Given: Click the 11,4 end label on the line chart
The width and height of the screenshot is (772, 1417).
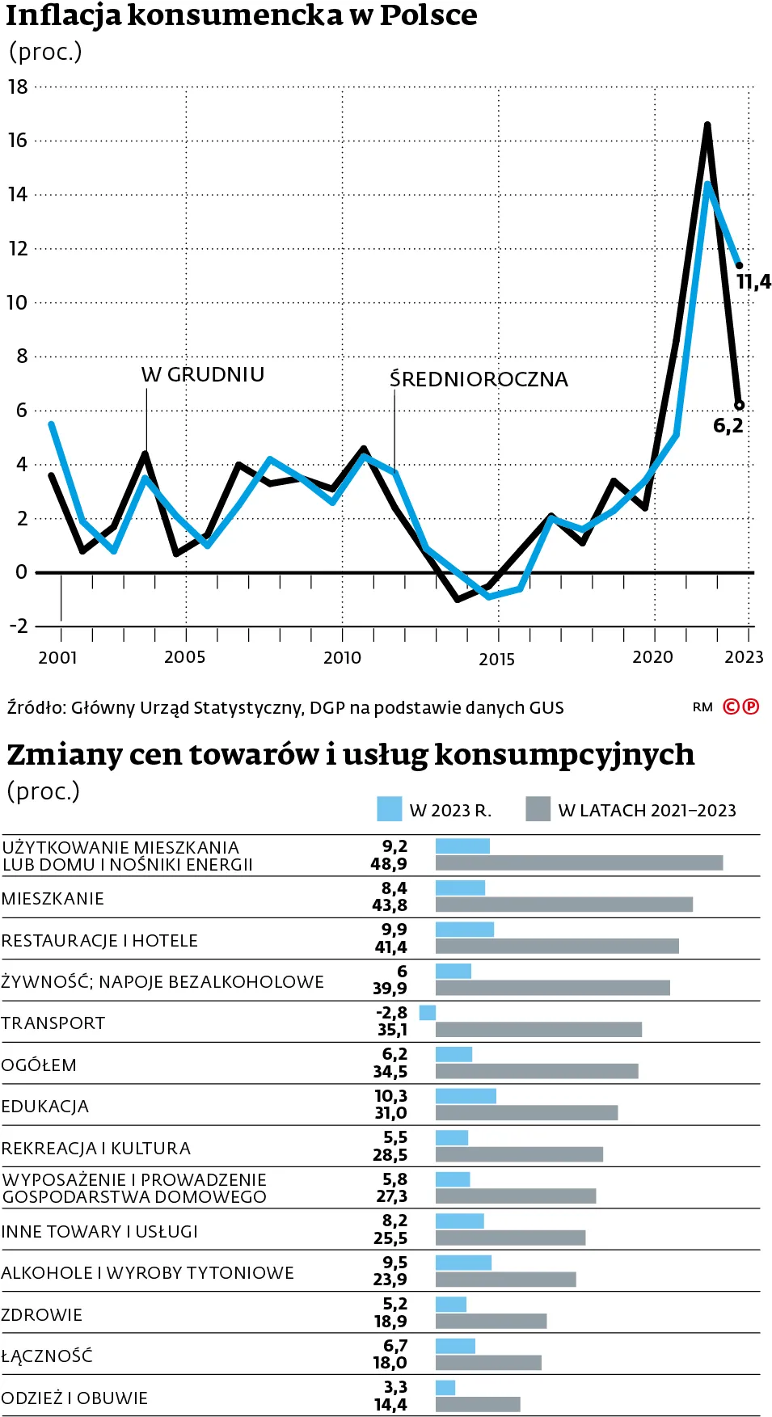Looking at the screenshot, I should (753, 282).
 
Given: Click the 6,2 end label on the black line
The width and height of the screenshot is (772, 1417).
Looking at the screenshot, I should (728, 426).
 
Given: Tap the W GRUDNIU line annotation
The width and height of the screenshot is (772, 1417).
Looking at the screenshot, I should (203, 375).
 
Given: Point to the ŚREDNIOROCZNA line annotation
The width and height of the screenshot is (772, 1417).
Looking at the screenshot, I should (479, 379).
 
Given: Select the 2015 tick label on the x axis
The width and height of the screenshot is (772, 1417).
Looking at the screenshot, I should (496, 660).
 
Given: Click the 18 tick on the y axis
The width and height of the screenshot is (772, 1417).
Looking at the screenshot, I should (18, 87).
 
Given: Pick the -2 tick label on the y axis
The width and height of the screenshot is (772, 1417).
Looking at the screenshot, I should (18, 626).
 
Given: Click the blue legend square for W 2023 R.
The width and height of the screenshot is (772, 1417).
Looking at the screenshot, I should (389, 809).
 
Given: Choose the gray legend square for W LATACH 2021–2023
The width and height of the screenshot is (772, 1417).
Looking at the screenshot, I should (538, 809).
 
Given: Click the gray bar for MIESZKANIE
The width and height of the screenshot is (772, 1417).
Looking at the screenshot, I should (563, 905).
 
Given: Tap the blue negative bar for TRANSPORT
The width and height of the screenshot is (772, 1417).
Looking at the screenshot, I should (428, 1013).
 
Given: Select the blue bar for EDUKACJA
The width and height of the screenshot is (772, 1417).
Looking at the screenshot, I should (466, 1096).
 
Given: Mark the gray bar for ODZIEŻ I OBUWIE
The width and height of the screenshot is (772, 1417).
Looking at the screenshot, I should (478, 1405).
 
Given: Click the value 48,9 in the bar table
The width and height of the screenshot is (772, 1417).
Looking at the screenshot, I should (389, 864).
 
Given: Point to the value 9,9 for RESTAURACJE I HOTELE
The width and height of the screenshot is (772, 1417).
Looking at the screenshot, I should (394, 930).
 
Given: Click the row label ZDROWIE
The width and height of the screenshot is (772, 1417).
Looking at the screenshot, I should (42, 1315).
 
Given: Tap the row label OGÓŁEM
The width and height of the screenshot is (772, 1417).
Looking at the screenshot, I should (39, 1065).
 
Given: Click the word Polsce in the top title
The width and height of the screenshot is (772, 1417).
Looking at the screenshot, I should (428, 15).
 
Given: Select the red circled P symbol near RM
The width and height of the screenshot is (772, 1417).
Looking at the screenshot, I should (751, 706).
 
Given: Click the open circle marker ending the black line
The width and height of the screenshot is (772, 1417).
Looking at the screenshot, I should (739, 405).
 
